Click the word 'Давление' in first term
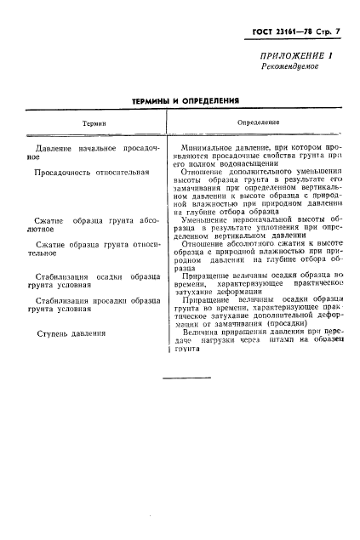point(49,148)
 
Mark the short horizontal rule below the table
point(180,378)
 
